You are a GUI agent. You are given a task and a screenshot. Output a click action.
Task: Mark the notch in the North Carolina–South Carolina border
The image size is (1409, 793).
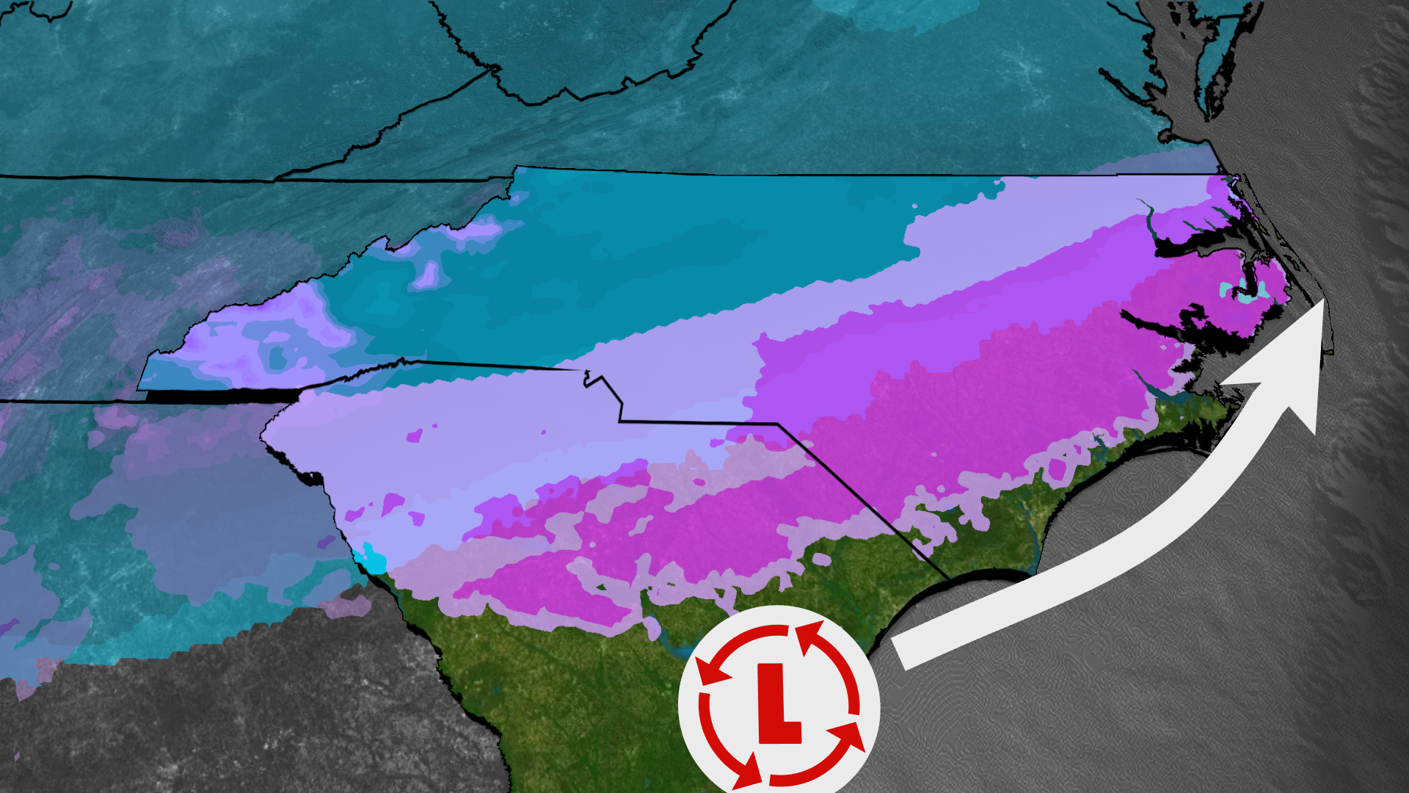[x=587, y=379]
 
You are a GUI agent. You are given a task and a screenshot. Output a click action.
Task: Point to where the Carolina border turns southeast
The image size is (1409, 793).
[x=778, y=424]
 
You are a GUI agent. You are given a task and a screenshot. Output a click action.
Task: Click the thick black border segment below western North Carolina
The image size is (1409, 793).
[x=220, y=396]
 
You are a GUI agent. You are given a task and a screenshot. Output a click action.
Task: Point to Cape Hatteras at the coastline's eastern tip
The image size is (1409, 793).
[x=1325, y=352]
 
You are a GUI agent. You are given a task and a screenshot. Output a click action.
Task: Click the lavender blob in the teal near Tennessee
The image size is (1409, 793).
[x=426, y=275]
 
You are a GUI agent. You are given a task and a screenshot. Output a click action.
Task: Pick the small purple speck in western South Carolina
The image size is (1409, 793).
[x=415, y=436]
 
